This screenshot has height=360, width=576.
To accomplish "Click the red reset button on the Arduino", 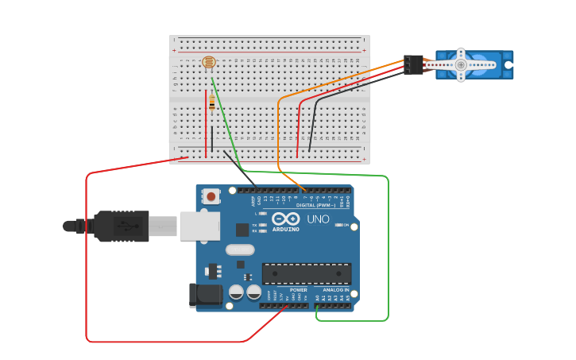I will pyautogui.click(x=211, y=195).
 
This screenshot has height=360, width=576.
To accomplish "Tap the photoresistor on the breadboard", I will pyautogui.click(x=209, y=62).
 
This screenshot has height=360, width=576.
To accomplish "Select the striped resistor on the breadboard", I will pyautogui.click(x=211, y=102).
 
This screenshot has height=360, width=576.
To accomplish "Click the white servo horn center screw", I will pyautogui.click(x=461, y=64).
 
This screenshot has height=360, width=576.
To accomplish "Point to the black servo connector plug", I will pyautogui.click(x=413, y=64).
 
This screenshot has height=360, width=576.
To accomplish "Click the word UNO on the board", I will pyautogui.click(x=318, y=219).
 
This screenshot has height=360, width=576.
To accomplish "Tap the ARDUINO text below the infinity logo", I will pyautogui.click(x=286, y=230).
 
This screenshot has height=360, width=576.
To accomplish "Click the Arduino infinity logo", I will pyautogui.click(x=285, y=219).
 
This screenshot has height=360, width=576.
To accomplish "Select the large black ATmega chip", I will pyautogui.click(x=306, y=274).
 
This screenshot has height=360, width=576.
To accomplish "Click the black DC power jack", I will pyautogui.click(x=206, y=295).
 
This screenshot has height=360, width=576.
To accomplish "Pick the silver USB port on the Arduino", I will pyautogui.click(x=199, y=226).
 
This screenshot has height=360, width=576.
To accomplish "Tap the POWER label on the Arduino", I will pyautogui.click(x=299, y=290).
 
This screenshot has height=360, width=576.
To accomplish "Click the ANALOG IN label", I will pyautogui.click(x=335, y=290).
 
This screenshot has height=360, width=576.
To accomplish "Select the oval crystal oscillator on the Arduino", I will pyautogui.click(x=239, y=250).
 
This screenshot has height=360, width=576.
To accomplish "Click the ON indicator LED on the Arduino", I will pyautogui.click(x=338, y=225).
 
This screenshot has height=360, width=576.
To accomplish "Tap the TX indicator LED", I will pyautogui.click(x=262, y=225).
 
